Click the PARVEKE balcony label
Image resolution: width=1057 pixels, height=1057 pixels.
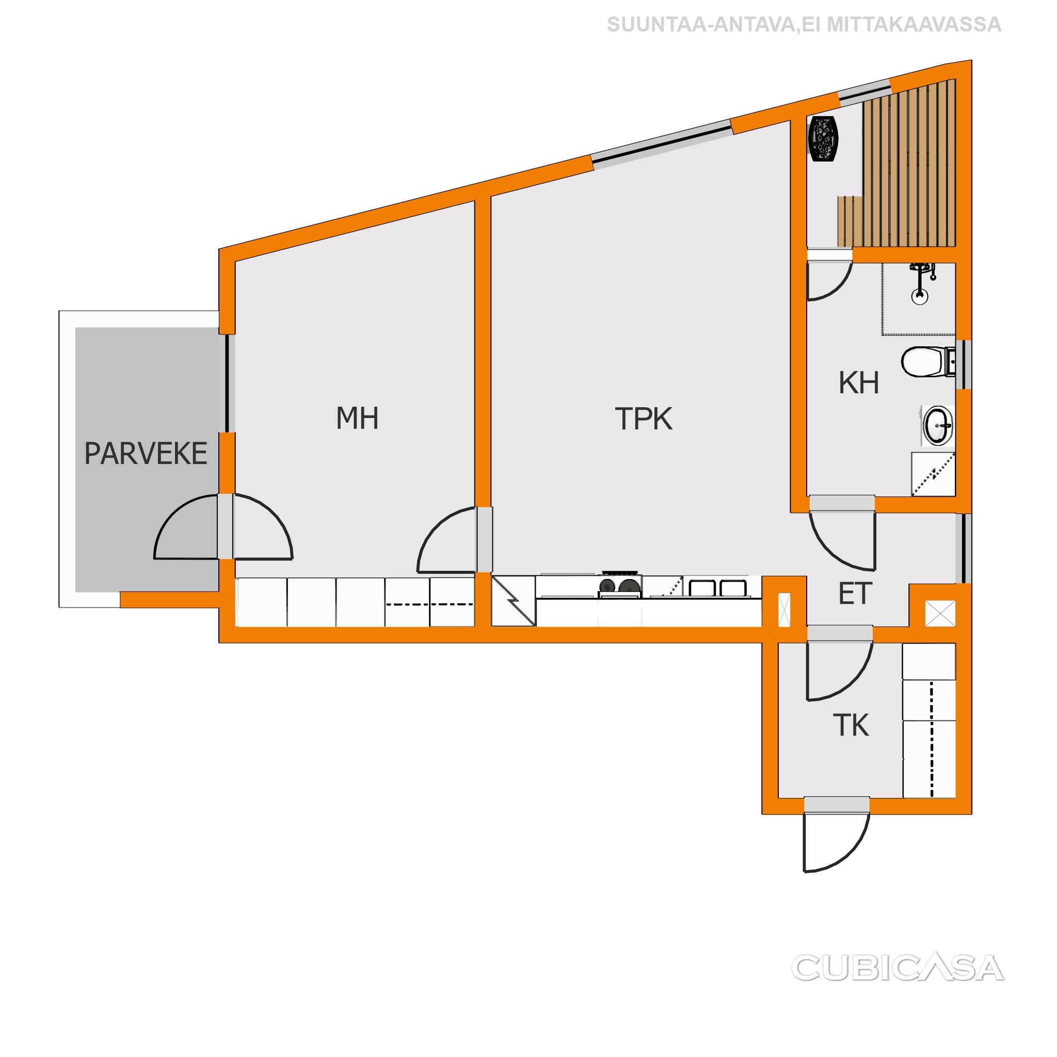coord(146,454)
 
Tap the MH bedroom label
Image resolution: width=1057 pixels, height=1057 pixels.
coord(357,418)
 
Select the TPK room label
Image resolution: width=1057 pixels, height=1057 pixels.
coord(644,419)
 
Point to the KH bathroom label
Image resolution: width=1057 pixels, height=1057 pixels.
coord(858,383)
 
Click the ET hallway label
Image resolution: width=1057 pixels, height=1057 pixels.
coord(855,594)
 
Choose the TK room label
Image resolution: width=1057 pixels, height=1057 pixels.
coord(851,726)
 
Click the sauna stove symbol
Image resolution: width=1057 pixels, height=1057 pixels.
coord(823,139)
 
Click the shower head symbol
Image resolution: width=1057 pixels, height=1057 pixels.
coord(922,282)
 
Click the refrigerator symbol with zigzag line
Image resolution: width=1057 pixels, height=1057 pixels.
coord(513,600)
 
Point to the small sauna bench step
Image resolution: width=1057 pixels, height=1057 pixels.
coord(850,221)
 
